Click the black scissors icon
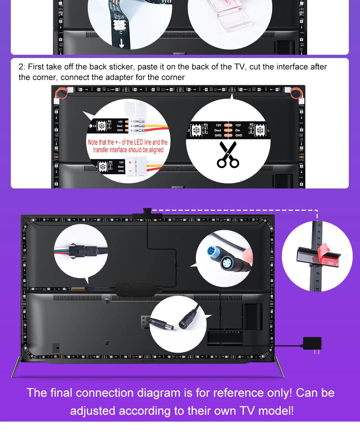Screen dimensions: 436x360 [228, 155]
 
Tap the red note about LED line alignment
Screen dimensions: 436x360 [128, 146]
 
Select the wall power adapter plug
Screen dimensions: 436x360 [312, 344]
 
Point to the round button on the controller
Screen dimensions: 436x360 [126, 289]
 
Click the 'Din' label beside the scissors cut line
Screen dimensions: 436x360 [238, 130]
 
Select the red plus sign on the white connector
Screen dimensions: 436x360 [130, 163]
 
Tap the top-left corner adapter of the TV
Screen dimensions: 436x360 [61, 93]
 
